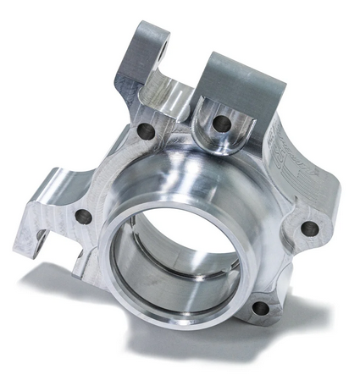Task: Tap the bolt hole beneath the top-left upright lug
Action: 147,132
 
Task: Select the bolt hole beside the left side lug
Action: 83,217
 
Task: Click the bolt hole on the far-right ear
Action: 309,228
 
